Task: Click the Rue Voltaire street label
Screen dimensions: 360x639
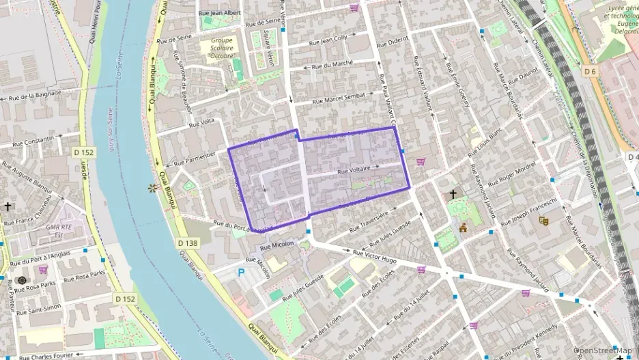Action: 354,168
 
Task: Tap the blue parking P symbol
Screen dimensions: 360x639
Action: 240,272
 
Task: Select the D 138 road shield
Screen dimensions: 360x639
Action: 187,243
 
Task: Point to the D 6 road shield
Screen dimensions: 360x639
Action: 591,71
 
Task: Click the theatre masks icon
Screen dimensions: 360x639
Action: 543,220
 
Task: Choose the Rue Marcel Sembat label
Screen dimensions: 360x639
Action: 339,98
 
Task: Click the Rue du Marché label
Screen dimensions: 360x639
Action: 332,65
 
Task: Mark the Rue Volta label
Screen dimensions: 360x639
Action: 202,123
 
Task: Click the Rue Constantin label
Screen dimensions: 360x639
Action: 29,140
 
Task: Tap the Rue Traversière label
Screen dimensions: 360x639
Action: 368,219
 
